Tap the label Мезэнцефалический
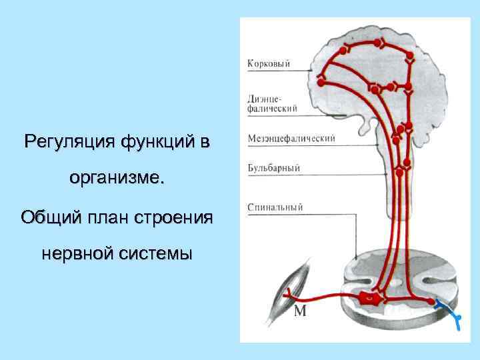tap(291, 139)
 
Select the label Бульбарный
tap(273, 169)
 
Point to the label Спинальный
tap(275, 207)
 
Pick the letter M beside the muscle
tap(300, 311)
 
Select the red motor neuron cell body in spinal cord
tap(368, 300)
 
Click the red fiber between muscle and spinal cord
tap(327, 298)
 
